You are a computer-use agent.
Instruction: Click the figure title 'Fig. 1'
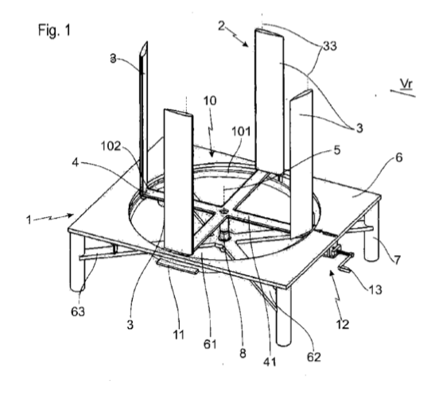coord(54,29)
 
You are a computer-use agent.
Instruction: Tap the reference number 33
coord(329,45)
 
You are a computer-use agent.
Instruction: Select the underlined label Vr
coord(406,83)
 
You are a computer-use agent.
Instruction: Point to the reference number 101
coord(241,132)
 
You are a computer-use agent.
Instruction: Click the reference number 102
coord(111,146)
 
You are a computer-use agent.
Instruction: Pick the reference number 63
coord(78,312)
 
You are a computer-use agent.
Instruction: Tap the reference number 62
coord(313,357)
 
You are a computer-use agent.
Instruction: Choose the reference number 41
coord(270,362)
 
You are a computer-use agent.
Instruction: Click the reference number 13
coord(375,289)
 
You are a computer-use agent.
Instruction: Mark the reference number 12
coord(343,324)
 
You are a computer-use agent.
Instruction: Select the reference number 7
coord(397,259)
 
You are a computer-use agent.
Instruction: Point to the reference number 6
coord(399,157)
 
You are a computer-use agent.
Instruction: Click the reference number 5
coord(337,150)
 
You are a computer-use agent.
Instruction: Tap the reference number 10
coord(210,100)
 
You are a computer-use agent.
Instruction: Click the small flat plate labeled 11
coord(177,266)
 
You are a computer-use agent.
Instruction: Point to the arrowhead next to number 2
coord(246,44)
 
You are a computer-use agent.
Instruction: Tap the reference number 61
coord(210,344)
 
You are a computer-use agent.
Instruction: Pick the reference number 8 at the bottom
coord(243,354)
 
